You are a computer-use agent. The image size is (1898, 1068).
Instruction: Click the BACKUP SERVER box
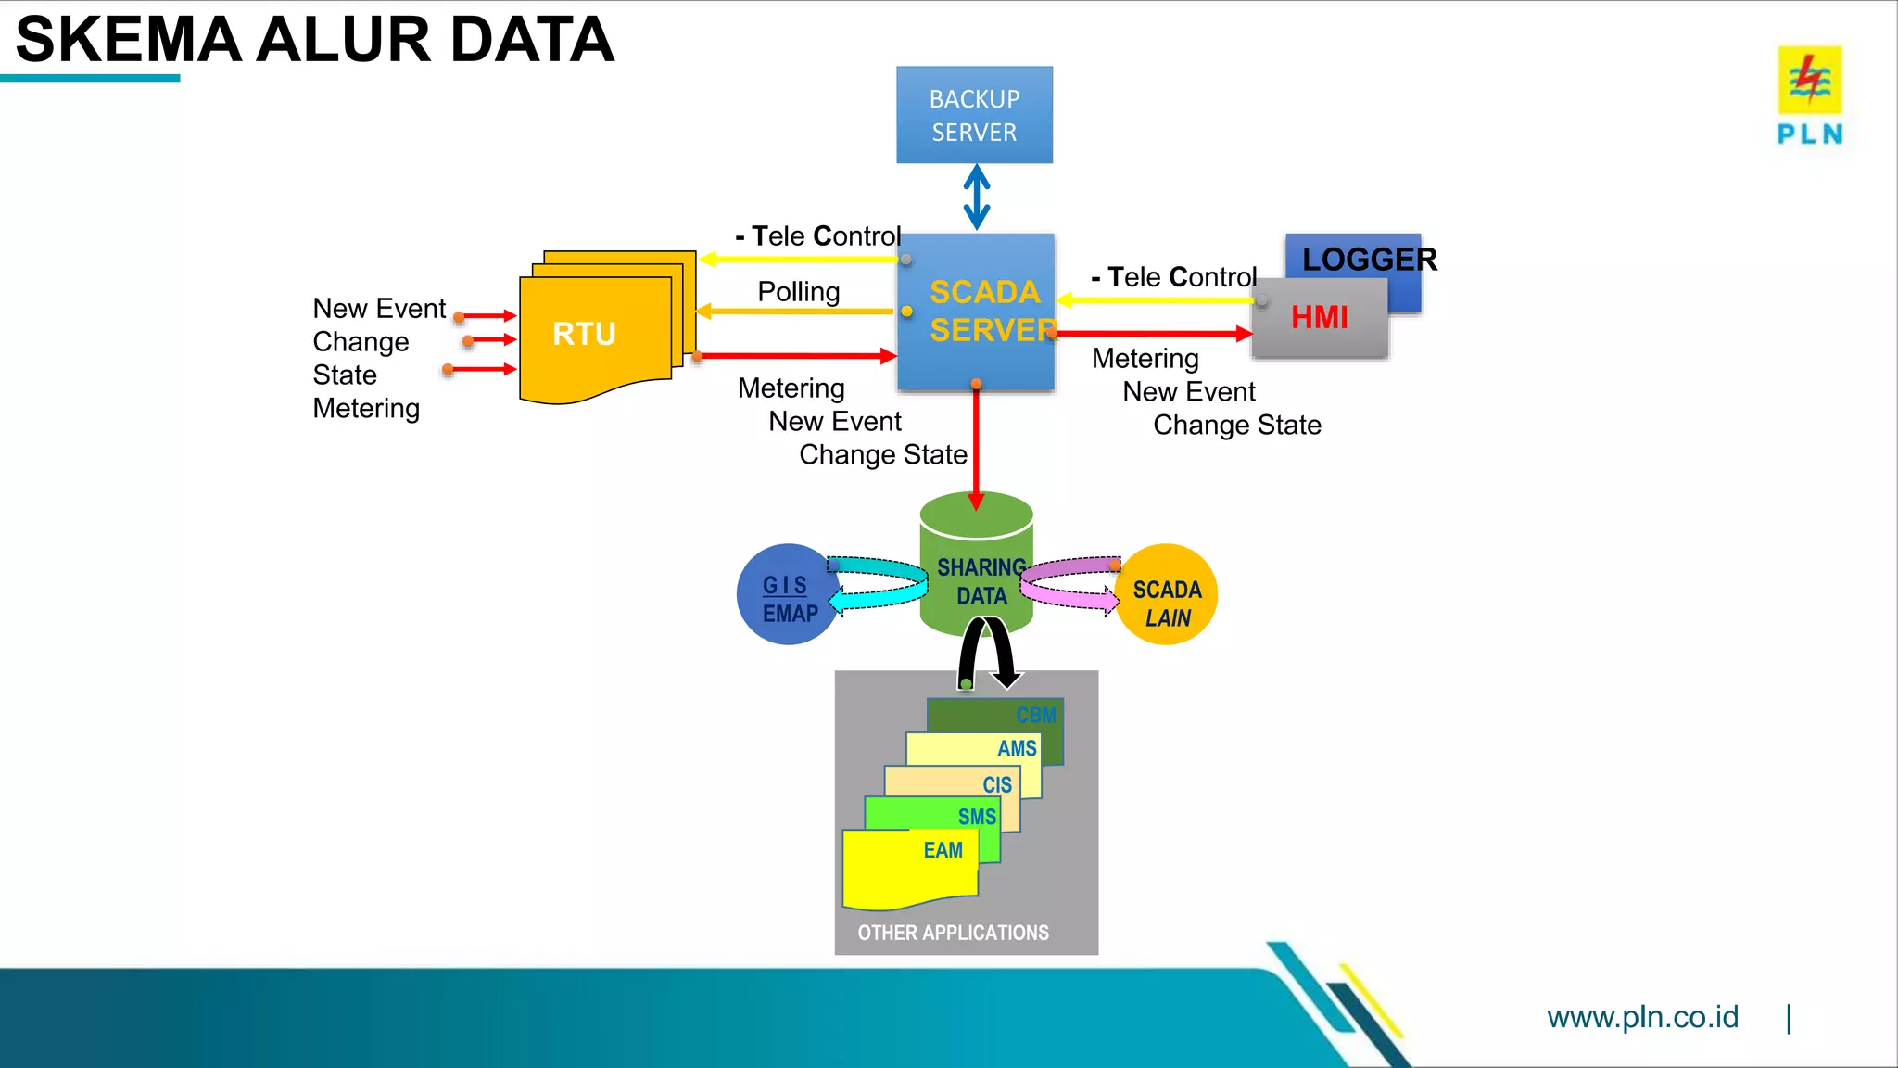(x=974, y=115)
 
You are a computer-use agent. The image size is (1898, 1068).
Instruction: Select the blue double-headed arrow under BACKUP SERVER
(x=976, y=197)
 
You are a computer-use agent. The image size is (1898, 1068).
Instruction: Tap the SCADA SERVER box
(x=976, y=311)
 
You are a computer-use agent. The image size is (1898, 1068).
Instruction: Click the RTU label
(x=584, y=334)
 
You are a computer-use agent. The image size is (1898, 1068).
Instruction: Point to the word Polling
(x=798, y=291)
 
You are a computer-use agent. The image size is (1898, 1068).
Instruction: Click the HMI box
(x=1319, y=318)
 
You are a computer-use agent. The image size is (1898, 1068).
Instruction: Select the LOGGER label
(x=1369, y=260)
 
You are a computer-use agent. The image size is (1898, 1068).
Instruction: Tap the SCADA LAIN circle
(x=1167, y=603)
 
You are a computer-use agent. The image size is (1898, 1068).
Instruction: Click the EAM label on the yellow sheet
(x=943, y=850)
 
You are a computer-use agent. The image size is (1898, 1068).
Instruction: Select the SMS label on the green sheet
(x=977, y=817)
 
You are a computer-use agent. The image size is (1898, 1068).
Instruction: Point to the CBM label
(x=1035, y=716)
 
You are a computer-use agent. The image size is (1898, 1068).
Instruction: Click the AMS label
(x=1017, y=748)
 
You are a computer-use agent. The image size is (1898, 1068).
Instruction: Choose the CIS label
(x=997, y=784)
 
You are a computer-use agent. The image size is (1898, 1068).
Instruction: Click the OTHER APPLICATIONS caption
(x=953, y=933)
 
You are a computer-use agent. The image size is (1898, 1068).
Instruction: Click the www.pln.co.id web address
(x=1642, y=1017)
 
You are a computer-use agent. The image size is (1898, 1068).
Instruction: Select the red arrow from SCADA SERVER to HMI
(x=1154, y=334)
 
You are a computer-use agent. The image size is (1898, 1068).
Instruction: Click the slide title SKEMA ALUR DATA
(x=315, y=41)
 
